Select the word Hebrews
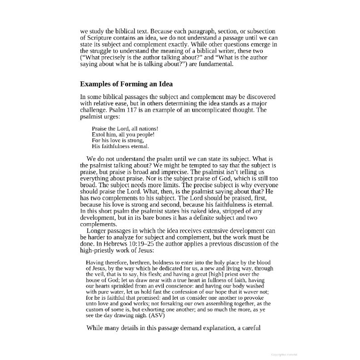[x=116, y=244]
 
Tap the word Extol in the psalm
[x=99, y=135]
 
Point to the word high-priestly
[x=99, y=251]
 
